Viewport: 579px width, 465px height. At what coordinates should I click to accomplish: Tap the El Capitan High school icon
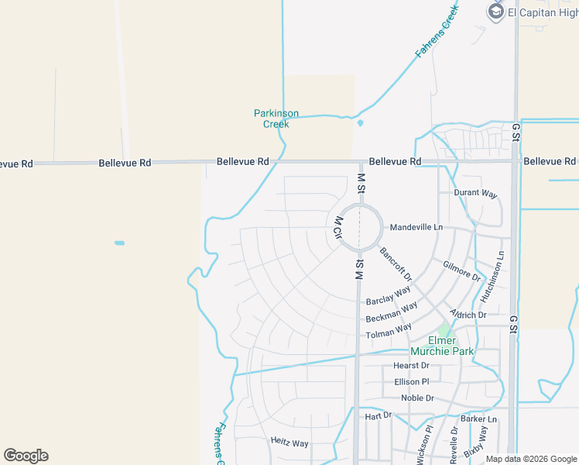tap(496, 12)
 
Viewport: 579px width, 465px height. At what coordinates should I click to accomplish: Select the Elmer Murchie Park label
tap(453, 346)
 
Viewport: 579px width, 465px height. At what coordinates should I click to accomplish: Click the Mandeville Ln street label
tap(416, 227)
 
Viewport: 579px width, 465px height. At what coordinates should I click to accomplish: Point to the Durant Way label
tap(475, 194)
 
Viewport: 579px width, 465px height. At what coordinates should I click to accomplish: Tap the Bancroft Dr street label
tap(396, 264)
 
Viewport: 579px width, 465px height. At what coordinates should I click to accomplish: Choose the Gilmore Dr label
tap(461, 270)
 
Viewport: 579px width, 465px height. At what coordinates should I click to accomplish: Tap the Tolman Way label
tap(389, 332)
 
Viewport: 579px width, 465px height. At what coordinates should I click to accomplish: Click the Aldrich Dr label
tap(468, 315)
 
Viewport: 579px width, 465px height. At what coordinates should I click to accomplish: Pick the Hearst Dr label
tap(411, 366)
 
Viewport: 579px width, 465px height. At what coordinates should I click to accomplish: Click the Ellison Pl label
tap(411, 382)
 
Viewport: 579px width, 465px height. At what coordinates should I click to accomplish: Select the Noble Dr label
tap(417, 398)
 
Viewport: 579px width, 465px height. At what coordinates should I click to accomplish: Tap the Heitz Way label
tap(289, 443)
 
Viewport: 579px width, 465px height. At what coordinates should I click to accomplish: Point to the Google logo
tap(26, 456)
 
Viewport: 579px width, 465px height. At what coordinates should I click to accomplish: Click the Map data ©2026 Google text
tap(530, 459)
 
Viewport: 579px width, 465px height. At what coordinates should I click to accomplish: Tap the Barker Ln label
tap(478, 419)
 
